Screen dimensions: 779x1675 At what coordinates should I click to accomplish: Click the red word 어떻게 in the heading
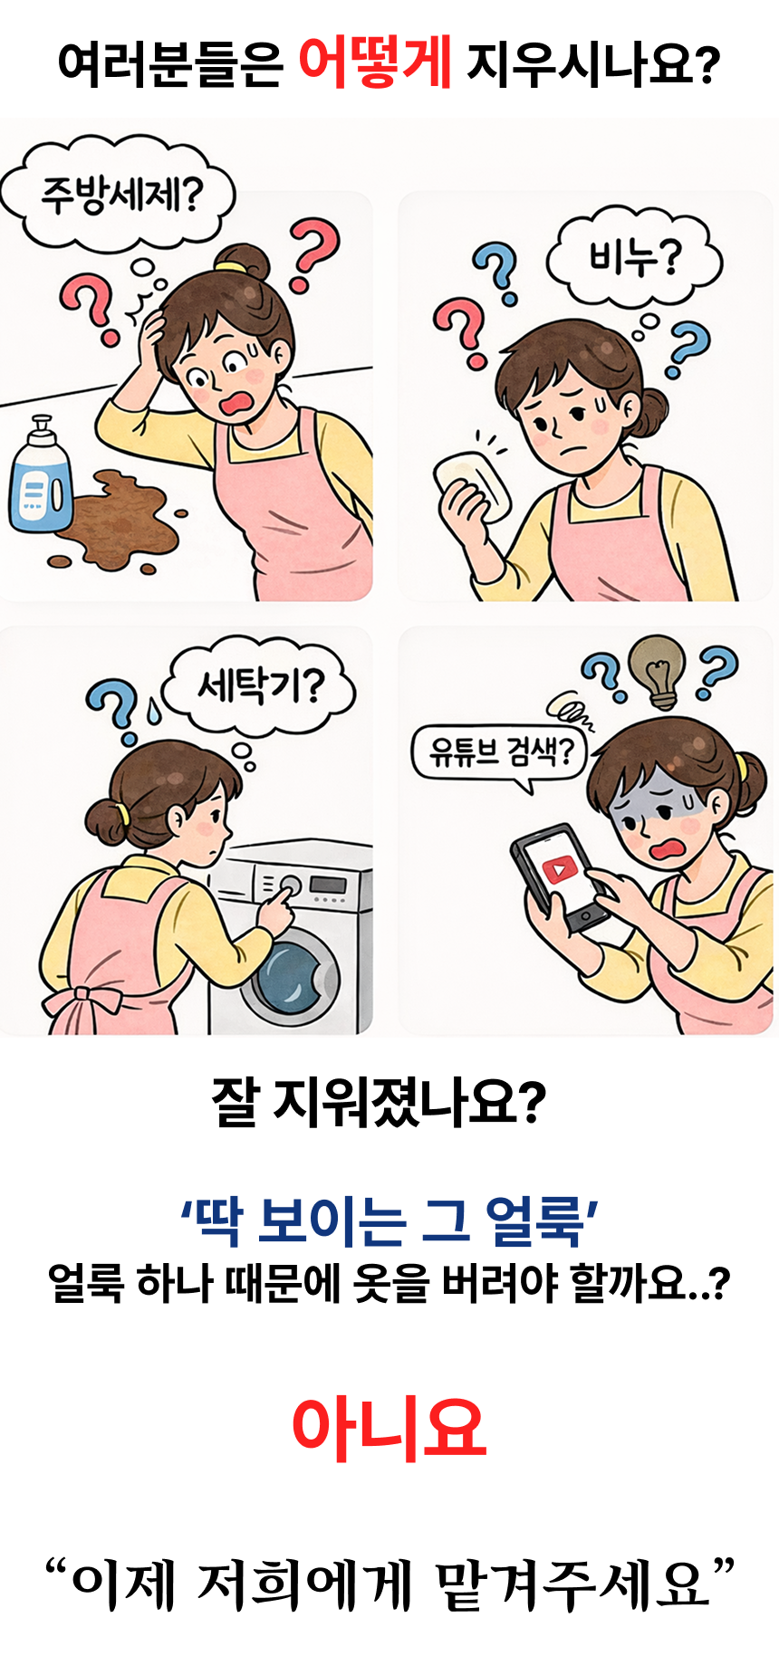374,62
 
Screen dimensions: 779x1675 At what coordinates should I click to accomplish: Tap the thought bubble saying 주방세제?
119,193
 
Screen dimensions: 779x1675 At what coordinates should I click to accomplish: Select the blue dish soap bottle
39,475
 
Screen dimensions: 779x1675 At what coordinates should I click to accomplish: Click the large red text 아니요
389,1428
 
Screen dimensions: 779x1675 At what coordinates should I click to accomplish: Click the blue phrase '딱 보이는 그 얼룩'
389,1220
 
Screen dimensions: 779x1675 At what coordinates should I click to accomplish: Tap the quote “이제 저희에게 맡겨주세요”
389,1584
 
